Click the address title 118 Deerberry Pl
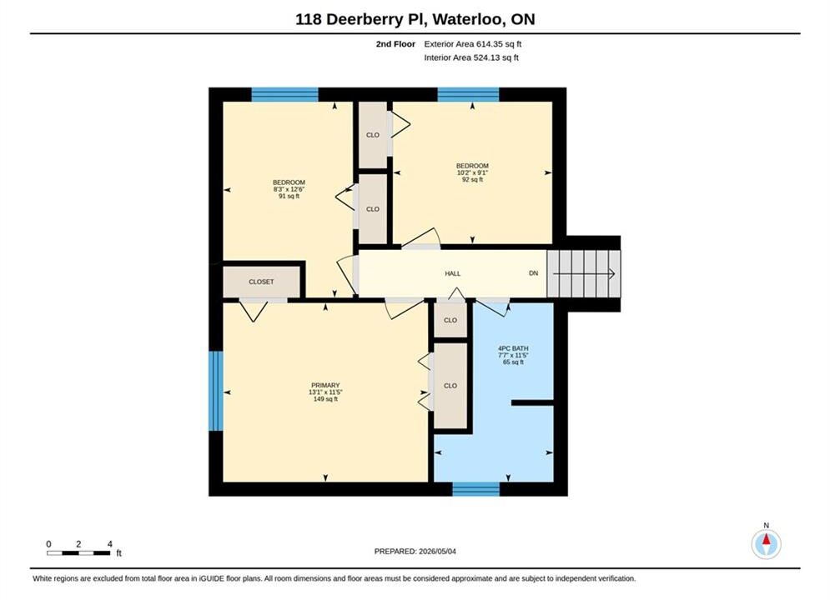(x=361, y=19)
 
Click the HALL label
(x=453, y=273)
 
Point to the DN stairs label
(x=534, y=273)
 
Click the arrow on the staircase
(x=584, y=274)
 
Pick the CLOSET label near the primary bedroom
(x=261, y=282)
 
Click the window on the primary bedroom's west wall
(x=216, y=391)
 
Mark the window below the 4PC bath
(x=475, y=489)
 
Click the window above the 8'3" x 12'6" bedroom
(x=284, y=95)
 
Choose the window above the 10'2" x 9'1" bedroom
(x=469, y=95)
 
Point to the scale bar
(x=78, y=553)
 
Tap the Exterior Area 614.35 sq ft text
(x=473, y=44)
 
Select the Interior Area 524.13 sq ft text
(x=471, y=57)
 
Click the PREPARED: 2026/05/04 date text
(x=415, y=552)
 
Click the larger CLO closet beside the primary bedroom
(x=450, y=386)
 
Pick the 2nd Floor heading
(x=395, y=44)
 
